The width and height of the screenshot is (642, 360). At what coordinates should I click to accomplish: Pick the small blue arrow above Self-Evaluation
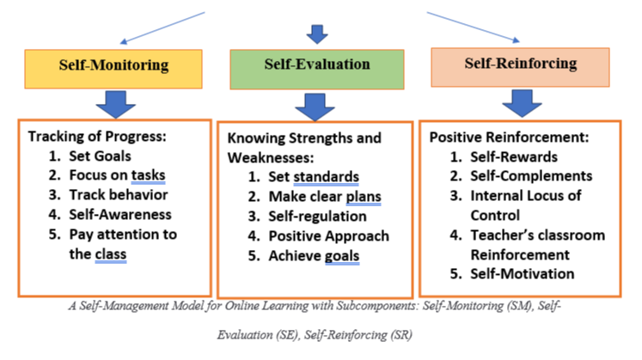point(317,34)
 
